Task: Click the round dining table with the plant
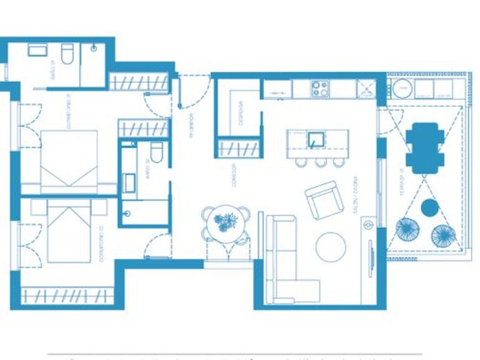[x=225, y=222]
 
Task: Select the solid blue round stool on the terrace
[x=429, y=207]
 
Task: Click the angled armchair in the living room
[x=324, y=199]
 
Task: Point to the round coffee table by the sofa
[x=331, y=246]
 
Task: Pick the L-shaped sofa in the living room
[x=284, y=262]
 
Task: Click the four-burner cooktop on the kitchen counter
[x=321, y=89]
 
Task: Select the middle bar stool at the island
[x=321, y=161]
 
